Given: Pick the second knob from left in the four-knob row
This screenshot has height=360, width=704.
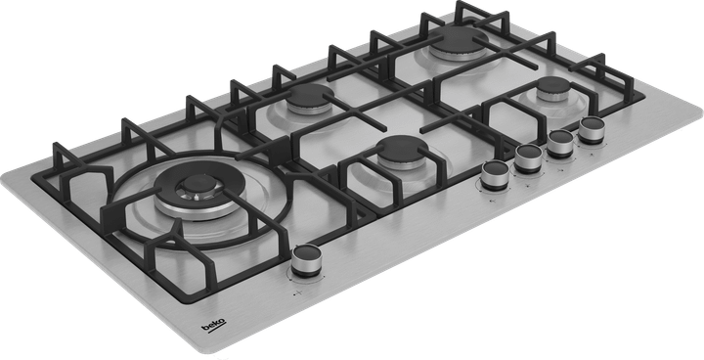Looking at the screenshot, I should tap(529, 157).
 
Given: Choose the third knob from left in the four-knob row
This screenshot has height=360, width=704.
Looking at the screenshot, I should tap(561, 142).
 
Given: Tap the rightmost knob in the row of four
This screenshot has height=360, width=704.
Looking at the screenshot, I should tap(592, 129).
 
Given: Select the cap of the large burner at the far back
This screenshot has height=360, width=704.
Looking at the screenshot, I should tap(458, 42).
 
